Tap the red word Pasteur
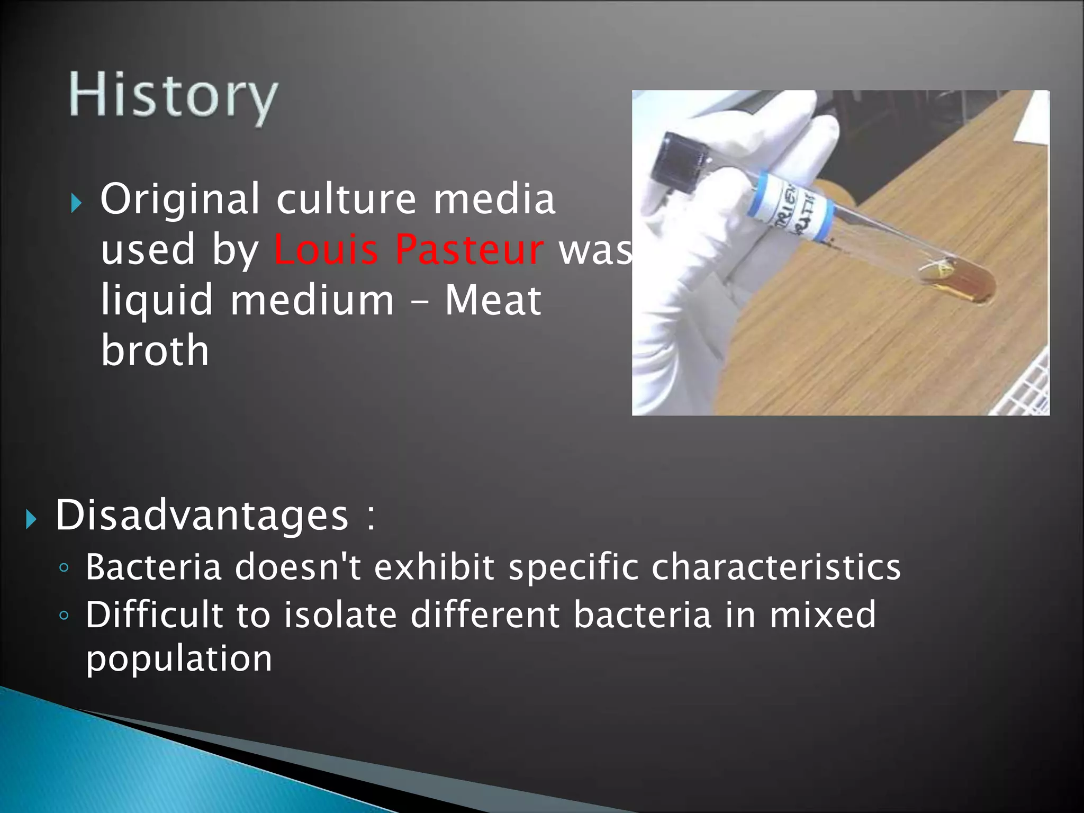(x=469, y=249)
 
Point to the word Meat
(x=493, y=300)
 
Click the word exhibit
(x=434, y=567)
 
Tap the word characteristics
(x=776, y=567)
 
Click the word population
(x=179, y=659)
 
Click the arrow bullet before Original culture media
(x=77, y=203)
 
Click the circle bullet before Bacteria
(x=64, y=568)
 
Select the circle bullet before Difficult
(x=64, y=616)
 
